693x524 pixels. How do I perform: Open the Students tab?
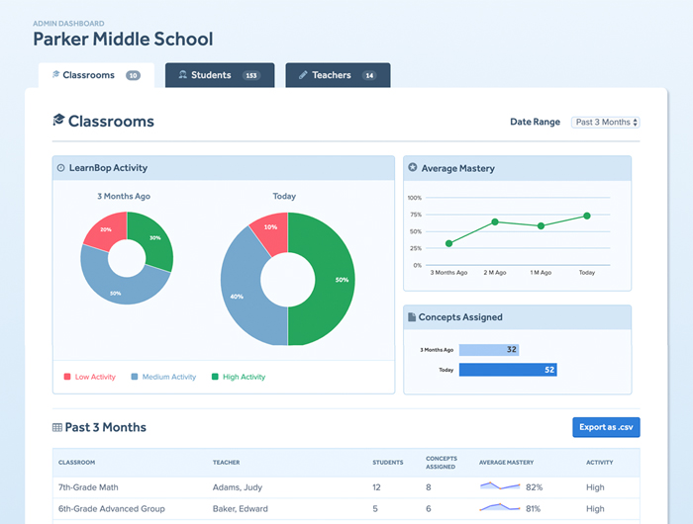pos(220,75)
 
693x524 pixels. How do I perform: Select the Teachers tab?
pos(338,75)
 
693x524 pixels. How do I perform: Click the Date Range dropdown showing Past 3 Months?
pos(606,123)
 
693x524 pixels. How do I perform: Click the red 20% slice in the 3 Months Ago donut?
pos(104,229)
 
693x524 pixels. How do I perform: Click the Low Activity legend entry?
pos(90,377)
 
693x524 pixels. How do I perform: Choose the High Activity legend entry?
pos(239,377)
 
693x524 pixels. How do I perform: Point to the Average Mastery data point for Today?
pos(587,216)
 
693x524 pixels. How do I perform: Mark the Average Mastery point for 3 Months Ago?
pos(449,243)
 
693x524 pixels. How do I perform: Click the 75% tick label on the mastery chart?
pos(416,215)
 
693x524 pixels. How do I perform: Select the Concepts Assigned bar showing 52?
pos(508,370)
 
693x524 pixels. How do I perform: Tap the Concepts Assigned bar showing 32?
pos(489,350)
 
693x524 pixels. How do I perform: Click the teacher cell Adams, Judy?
pos(238,487)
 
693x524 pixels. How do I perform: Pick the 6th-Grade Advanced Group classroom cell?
pos(111,508)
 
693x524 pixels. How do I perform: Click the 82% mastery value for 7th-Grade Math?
pos(534,487)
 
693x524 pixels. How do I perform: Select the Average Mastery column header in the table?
pos(507,462)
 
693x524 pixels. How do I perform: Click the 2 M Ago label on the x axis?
pos(495,272)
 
